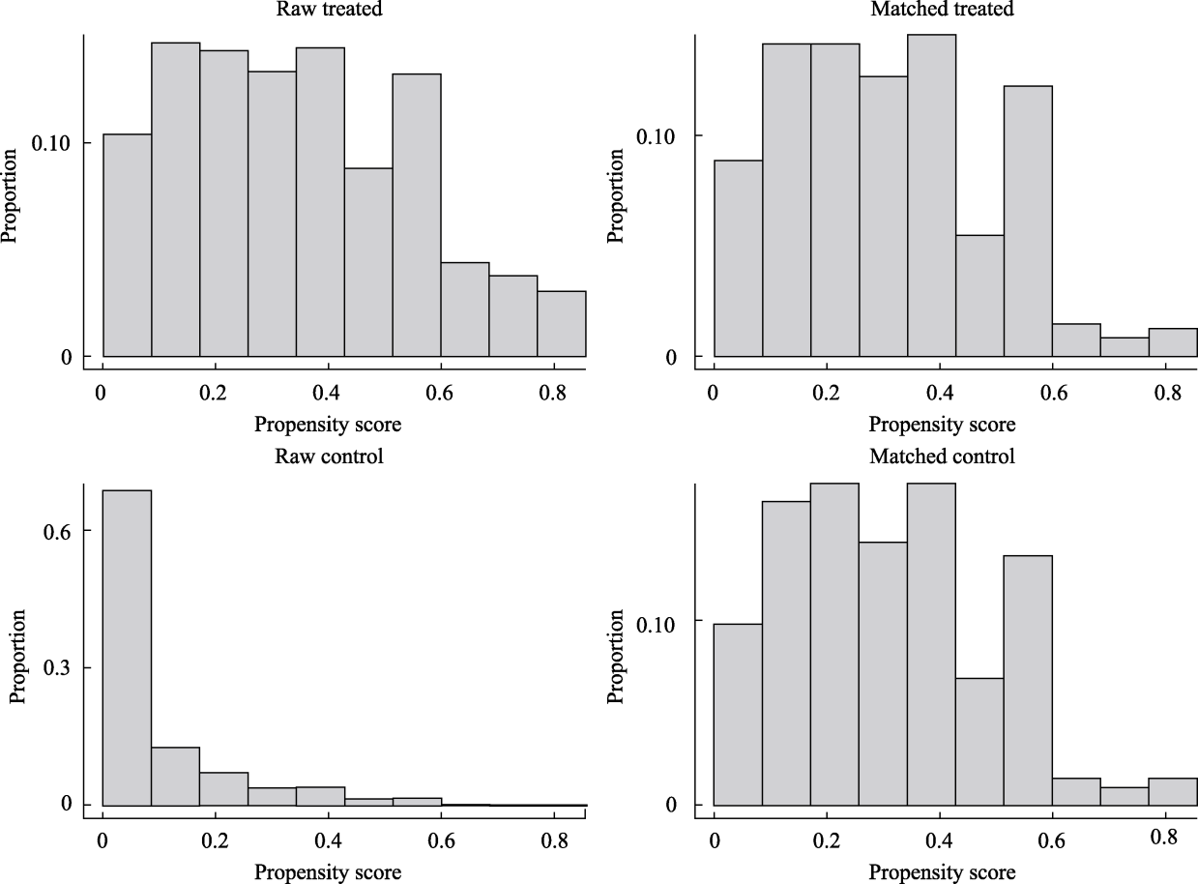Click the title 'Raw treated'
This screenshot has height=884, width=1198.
tap(328, 9)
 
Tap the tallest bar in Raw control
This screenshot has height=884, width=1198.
tap(127, 647)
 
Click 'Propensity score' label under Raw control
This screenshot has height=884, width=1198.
tap(328, 872)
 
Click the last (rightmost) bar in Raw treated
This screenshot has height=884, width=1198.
tap(562, 324)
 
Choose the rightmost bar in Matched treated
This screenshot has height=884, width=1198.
tap(1173, 342)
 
